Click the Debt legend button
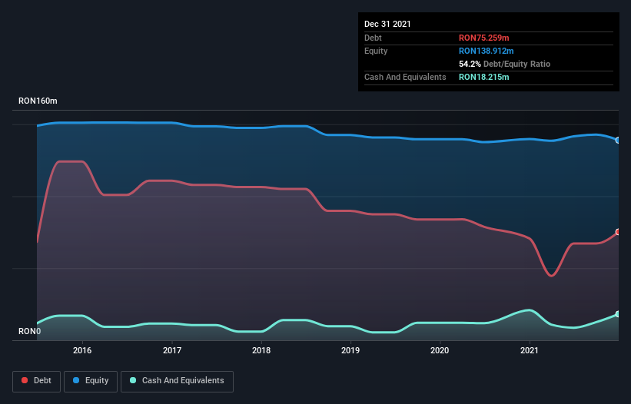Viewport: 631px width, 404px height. (35, 380)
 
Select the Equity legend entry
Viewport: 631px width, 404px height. (91, 380)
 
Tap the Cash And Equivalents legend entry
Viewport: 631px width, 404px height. (177, 380)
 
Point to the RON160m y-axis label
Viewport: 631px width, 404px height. (38, 101)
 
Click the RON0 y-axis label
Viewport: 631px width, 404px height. (30, 332)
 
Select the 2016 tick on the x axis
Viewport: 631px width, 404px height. (82, 350)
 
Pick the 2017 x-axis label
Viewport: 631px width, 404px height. (172, 350)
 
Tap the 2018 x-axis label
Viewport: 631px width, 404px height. (261, 350)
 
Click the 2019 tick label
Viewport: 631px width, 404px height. (350, 350)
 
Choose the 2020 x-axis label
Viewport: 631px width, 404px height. (440, 350)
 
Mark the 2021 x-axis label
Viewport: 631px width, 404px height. (530, 350)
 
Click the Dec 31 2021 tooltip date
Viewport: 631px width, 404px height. (387, 24)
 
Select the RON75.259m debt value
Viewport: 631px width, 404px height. (485, 38)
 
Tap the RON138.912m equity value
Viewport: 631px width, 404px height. (487, 51)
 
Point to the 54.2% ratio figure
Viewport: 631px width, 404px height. (470, 64)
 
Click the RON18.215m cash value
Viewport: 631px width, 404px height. (485, 77)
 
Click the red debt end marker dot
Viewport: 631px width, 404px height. (617, 232)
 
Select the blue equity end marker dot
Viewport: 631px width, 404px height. (617, 140)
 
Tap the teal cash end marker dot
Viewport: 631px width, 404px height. (617, 314)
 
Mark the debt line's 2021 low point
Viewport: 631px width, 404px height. (552, 275)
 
